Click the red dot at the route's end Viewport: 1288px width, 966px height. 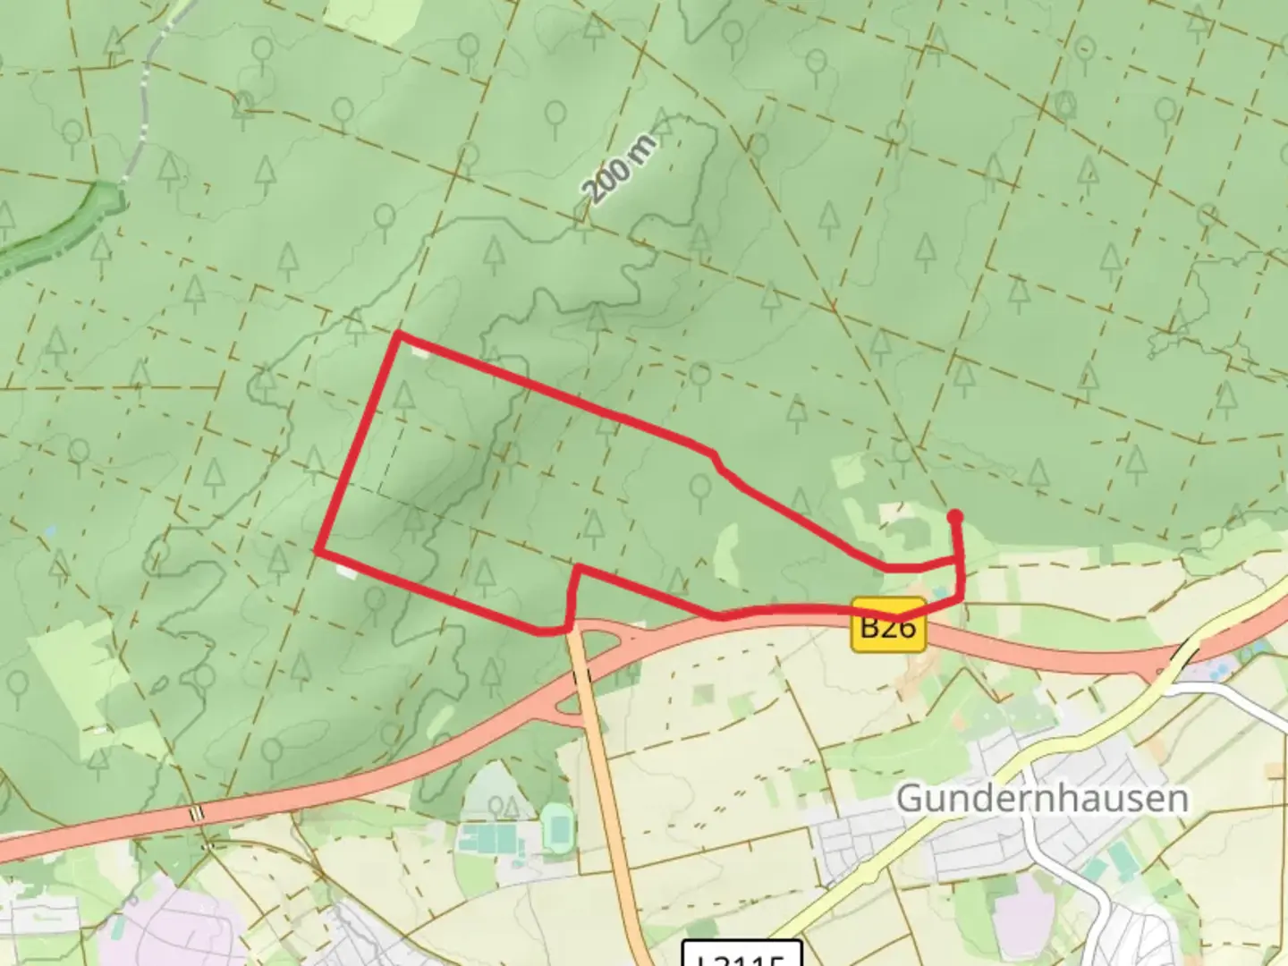coord(954,516)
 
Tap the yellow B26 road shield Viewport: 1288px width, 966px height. coord(888,624)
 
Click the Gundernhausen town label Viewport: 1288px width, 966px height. coord(1042,798)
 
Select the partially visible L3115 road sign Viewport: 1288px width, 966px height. coord(741,954)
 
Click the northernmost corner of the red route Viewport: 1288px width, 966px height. coord(399,334)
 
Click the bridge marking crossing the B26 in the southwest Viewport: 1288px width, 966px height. coord(197,813)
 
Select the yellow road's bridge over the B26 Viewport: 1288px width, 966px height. coord(1173,663)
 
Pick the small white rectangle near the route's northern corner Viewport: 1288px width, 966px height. coord(419,352)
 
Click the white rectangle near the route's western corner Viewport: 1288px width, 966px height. coord(346,571)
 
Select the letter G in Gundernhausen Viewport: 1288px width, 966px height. coord(910,798)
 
